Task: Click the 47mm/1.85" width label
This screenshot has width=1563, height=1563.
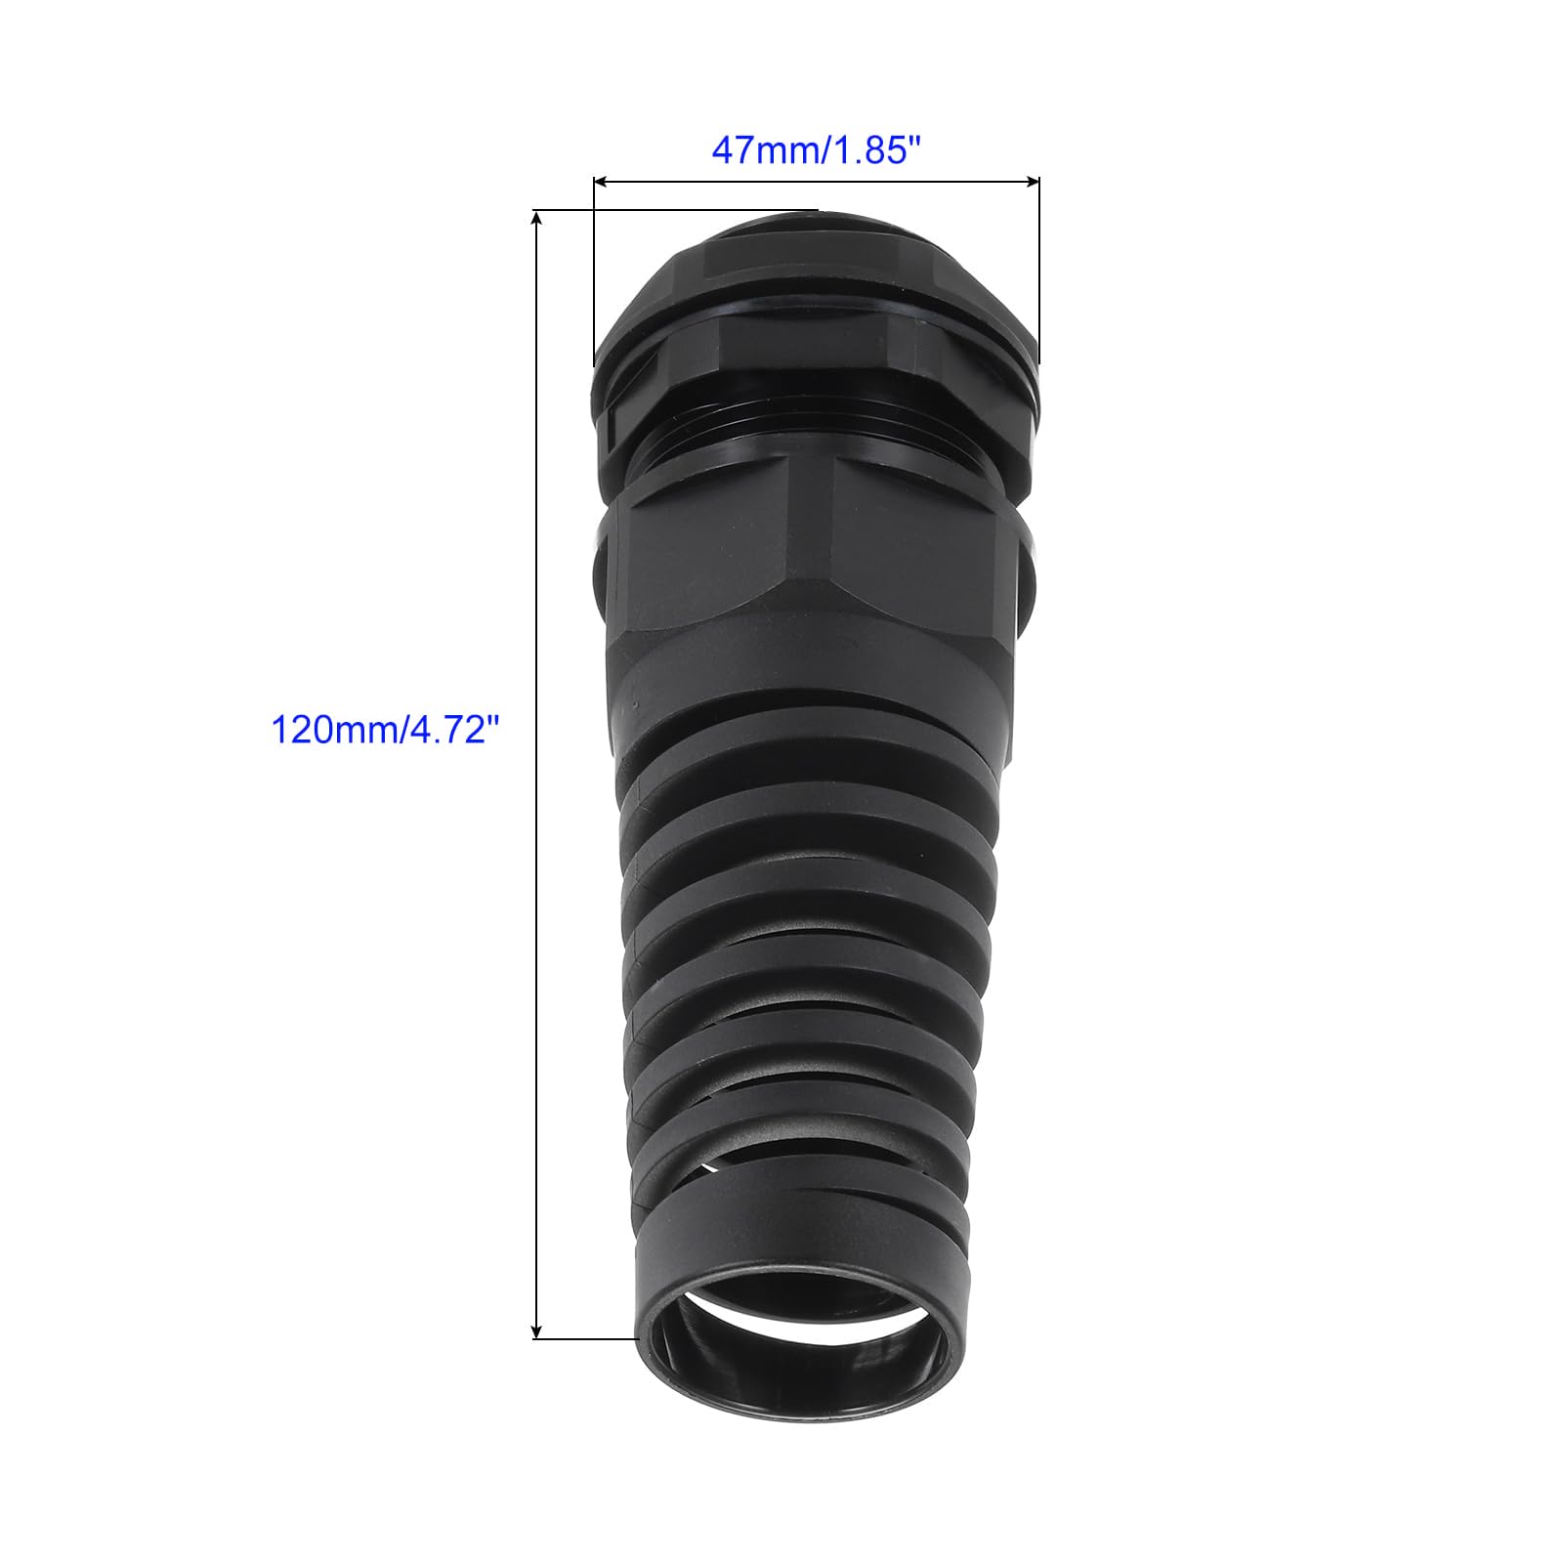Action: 817,151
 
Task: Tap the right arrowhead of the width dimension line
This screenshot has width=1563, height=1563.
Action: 1032,181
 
